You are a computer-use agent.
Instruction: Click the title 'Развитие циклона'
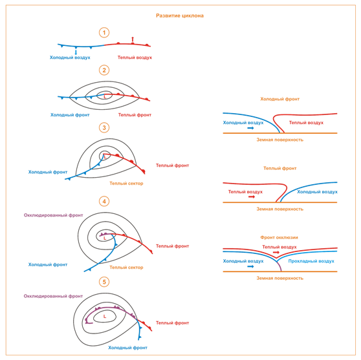click(x=180, y=16)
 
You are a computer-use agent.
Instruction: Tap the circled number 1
click(x=104, y=32)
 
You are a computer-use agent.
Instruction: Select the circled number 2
click(x=104, y=70)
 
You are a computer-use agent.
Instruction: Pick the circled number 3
click(x=104, y=128)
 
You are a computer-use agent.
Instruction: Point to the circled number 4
click(x=104, y=202)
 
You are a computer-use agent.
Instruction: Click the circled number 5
click(x=104, y=282)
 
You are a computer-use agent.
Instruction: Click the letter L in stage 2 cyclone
click(x=105, y=97)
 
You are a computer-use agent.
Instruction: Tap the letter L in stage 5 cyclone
click(x=105, y=317)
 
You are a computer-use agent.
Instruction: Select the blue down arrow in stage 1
click(x=76, y=52)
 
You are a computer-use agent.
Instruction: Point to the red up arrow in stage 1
click(x=133, y=39)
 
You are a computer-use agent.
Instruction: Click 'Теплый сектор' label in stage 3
click(x=126, y=184)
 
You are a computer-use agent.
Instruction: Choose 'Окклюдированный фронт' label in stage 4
click(x=53, y=215)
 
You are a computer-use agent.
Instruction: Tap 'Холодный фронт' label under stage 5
click(x=127, y=348)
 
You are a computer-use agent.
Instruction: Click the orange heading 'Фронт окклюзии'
click(x=279, y=237)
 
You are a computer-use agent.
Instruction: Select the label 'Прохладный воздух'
click(x=311, y=261)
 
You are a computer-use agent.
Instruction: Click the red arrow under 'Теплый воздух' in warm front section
click(x=252, y=196)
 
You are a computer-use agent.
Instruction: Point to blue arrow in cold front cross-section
click(x=250, y=128)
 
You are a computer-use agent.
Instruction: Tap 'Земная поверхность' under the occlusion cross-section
click(x=279, y=278)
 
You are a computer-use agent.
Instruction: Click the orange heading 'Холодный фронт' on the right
click(x=279, y=99)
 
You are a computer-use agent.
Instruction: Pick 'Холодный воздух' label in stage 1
click(x=70, y=58)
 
